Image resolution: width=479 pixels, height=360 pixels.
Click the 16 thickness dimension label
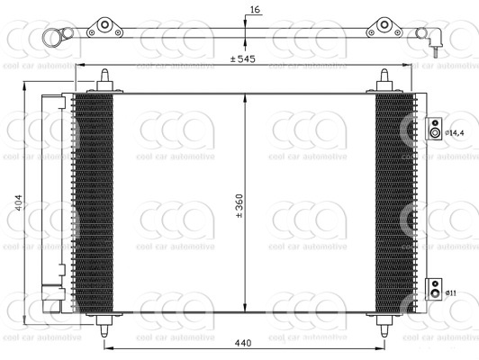click(x=255, y=10)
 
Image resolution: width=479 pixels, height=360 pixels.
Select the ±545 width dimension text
click(x=243, y=58)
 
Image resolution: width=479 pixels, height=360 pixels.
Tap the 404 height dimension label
click(x=19, y=202)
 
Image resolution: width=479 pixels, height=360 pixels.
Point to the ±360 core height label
click(x=239, y=205)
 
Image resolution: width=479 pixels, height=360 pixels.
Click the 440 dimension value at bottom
click(x=243, y=343)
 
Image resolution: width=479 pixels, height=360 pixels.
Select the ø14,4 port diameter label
click(x=455, y=133)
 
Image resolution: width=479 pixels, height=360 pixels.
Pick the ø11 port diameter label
click(x=451, y=293)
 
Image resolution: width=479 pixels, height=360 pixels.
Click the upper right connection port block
click(x=433, y=129)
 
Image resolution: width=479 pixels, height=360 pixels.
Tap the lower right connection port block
click(x=433, y=289)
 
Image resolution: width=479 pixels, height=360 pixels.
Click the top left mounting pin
click(x=104, y=81)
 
